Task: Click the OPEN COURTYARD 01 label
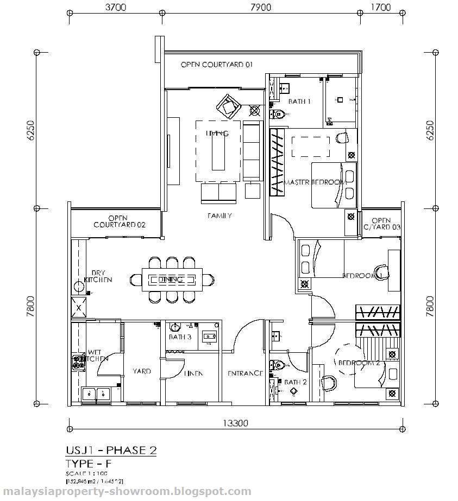(217, 65)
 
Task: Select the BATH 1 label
(299, 101)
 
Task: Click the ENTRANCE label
(245, 373)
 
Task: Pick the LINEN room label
(193, 373)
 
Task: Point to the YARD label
(142, 371)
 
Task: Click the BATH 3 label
(180, 337)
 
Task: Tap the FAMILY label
(219, 215)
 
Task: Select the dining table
(172, 280)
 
